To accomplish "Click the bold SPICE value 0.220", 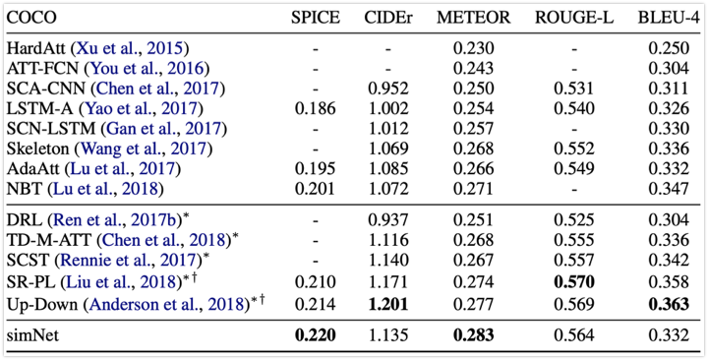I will (317, 334).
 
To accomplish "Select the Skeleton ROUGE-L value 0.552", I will (575, 150).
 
